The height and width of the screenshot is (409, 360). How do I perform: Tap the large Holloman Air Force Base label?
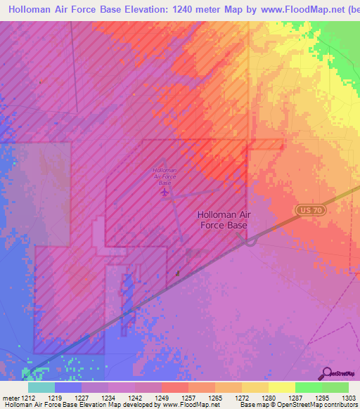(x=222, y=221)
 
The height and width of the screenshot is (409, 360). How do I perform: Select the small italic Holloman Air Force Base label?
(x=165, y=176)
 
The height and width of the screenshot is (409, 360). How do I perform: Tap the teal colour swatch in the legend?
(x=41, y=387)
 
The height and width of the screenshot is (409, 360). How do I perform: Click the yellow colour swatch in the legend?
(x=281, y=387)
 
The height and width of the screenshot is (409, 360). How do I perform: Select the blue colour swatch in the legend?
(x=68, y=387)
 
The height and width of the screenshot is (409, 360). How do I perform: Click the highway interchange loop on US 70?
(x=251, y=240)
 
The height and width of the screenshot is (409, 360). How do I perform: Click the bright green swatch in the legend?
(x=308, y=387)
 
